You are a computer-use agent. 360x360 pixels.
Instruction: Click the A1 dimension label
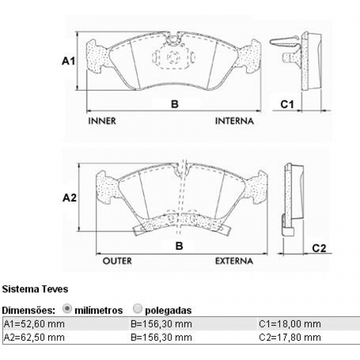tap(68, 61)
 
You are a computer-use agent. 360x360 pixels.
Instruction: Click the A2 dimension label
tap(69, 198)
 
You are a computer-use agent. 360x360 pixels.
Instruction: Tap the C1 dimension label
tap(287, 104)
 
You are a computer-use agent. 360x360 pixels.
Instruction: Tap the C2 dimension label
tap(319, 248)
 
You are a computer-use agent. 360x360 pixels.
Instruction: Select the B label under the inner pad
tap(175, 104)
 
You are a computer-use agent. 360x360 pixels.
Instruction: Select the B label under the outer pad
tap(179, 246)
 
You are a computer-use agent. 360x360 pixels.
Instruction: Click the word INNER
tap(102, 121)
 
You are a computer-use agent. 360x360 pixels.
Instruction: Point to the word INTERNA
tap(234, 121)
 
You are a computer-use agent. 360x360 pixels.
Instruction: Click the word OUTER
tap(117, 261)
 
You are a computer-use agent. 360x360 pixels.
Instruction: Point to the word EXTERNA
tap(234, 261)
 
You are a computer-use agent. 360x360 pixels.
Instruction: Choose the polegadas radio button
tap(138, 309)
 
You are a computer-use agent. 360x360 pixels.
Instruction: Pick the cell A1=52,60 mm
tap(34, 324)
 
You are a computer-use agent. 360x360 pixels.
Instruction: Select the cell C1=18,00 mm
tap(290, 324)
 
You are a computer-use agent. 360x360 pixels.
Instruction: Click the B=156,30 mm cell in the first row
tap(161, 324)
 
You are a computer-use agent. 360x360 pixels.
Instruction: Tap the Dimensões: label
tap(29, 310)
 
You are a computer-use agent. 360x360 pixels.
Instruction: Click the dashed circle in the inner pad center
tap(173, 58)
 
